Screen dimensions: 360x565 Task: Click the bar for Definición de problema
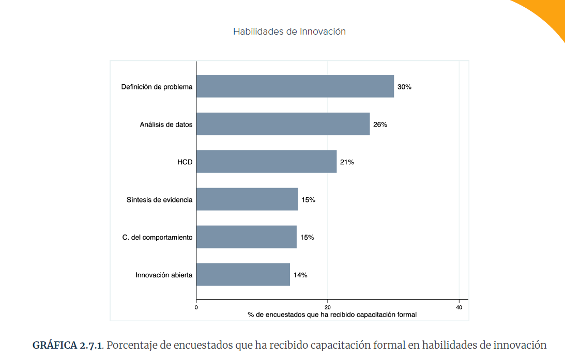[295, 86]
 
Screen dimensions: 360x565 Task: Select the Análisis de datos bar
[283, 124]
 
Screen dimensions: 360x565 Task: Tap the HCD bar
[266, 162]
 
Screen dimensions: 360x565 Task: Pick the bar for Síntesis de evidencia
[247, 199]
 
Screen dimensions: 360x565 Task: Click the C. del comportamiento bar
[246, 237]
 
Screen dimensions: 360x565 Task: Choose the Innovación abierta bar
[243, 275]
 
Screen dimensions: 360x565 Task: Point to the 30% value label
[404, 87]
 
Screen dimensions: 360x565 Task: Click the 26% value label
[380, 124]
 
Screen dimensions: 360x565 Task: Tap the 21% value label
[347, 162]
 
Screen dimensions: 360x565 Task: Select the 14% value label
[300, 275]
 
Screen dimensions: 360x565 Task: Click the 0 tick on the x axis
[196, 307]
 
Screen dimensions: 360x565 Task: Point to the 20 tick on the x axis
[328, 307]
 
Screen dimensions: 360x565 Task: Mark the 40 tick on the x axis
[459, 307]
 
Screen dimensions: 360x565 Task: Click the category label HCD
[185, 162]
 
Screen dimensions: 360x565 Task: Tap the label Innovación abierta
[164, 275]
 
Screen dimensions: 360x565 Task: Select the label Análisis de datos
[166, 124]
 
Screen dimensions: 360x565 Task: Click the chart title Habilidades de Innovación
[289, 32]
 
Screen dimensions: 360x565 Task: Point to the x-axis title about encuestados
[332, 315]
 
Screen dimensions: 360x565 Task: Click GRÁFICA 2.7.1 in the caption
[67, 345]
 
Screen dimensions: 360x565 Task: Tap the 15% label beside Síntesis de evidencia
[308, 200]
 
